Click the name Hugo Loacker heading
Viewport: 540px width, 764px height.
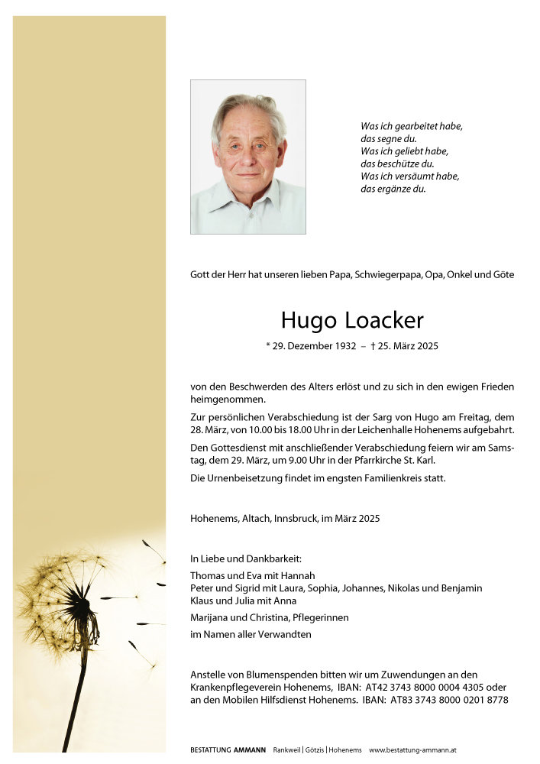351,319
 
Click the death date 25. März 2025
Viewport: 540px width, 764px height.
408,346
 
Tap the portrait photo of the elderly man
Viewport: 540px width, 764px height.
247,157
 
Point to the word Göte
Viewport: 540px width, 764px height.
502,274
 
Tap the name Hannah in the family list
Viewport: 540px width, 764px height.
298,575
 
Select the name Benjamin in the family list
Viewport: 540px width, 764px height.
461,588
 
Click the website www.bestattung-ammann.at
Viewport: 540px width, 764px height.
412,750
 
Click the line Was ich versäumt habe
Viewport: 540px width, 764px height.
409,176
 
